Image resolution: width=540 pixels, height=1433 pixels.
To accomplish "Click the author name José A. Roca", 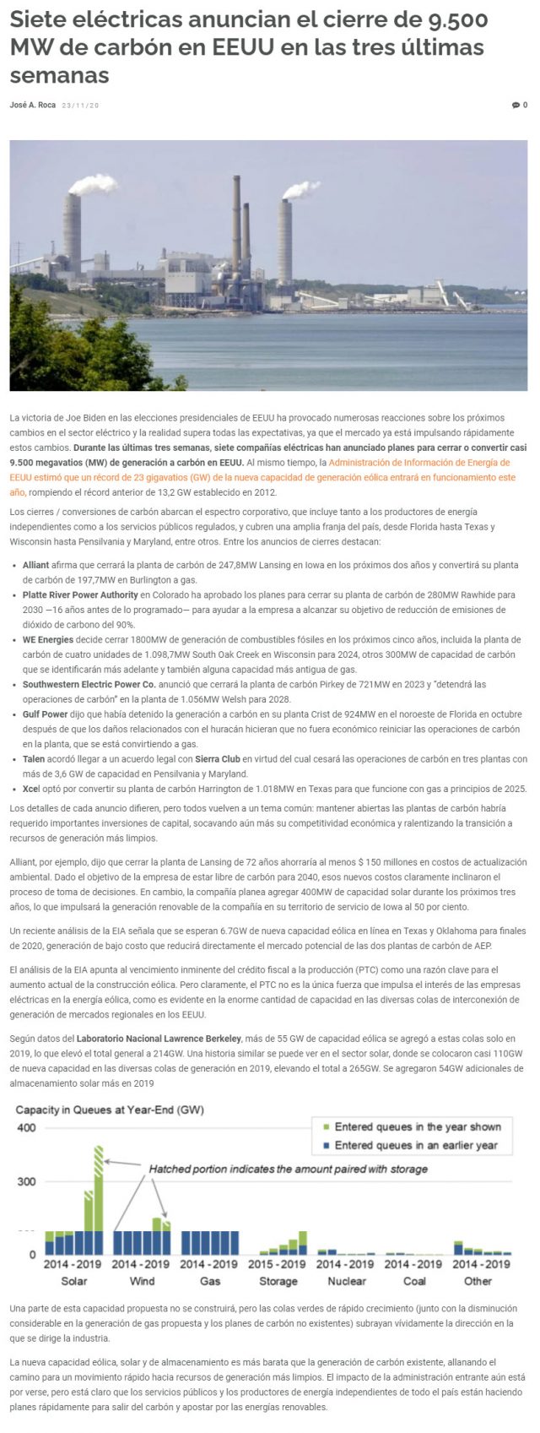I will click(33, 106).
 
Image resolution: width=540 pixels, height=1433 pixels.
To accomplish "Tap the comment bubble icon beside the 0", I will click(516, 106).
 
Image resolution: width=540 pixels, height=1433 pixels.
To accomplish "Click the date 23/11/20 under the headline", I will click(80, 106).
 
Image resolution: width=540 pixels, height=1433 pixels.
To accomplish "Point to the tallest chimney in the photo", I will click(237, 220).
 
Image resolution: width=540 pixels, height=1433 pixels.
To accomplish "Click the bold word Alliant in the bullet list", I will click(36, 565).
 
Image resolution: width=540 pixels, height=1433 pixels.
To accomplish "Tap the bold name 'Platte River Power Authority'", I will click(80, 595).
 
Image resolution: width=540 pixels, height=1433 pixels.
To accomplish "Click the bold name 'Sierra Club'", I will click(219, 759).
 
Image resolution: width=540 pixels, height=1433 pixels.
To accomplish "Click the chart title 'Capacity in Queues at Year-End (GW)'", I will click(110, 1110).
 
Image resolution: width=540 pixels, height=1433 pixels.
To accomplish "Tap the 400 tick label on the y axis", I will click(26, 1128).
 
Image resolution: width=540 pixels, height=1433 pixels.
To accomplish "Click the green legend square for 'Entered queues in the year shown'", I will click(325, 1127).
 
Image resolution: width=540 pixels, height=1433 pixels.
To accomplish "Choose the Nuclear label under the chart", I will click(346, 1281).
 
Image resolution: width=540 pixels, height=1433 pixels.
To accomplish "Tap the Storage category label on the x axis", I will click(278, 1281).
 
